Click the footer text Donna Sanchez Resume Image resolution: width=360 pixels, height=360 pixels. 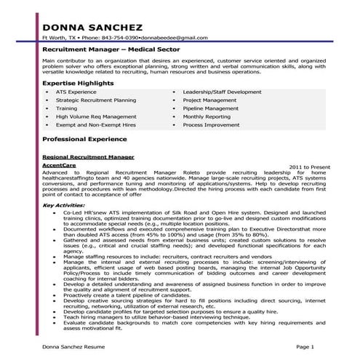pos(73,348)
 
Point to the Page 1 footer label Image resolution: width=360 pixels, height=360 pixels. pos(306,348)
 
